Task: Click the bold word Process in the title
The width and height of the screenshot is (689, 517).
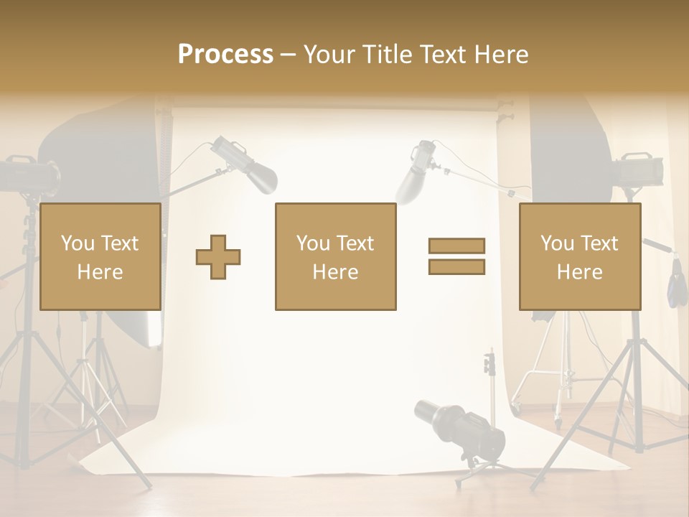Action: [x=225, y=55]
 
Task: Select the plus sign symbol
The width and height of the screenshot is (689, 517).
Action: [x=218, y=256]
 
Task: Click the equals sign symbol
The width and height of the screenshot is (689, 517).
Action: [x=456, y=256]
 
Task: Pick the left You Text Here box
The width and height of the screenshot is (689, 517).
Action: [x=100, y=256]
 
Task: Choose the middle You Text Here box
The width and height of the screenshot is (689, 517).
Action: [x=335, y=256]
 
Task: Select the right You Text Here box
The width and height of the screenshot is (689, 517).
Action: [x=580, y=256]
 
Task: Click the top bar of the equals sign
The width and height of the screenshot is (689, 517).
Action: [x=456, y=246]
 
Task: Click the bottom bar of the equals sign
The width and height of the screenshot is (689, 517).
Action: [x=456, y=267]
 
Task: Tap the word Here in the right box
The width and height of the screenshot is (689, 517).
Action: [x=580, y=271]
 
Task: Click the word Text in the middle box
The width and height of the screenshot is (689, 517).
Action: [x=356, y=243]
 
